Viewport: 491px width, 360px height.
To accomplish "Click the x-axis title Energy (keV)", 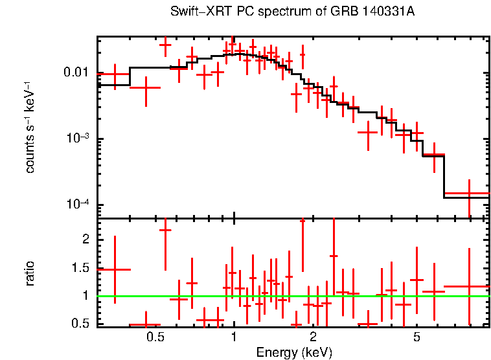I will click(294, 352).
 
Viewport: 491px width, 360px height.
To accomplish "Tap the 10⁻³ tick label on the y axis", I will click(80, 139).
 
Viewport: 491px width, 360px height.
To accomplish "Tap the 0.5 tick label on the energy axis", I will click(154, 337).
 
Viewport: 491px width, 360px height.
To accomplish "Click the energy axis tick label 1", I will click(234, 337).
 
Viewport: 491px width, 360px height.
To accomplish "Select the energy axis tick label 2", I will click(313, 337).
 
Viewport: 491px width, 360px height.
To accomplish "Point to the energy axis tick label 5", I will click(417, 337).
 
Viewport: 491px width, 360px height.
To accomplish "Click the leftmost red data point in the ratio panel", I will click(115, 269).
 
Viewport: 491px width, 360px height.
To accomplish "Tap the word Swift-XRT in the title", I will click(194, 12).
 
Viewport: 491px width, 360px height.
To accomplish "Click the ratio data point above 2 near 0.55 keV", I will click(165, 230).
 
